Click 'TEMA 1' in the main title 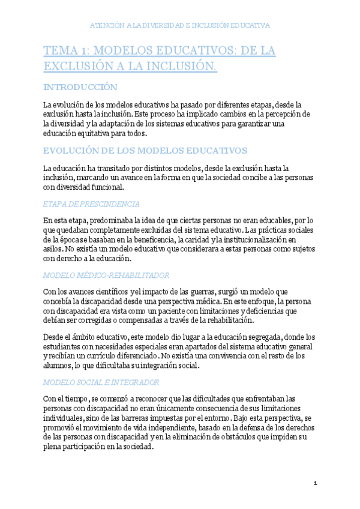pyautogui.click(x=66, y=51)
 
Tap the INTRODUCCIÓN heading pyautogui.click(x=80, y=87)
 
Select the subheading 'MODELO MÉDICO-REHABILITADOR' pyautogui.click(x=106, y=275)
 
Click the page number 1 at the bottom pyautogui.click(x=315, y=483)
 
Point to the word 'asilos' pyautogui.click(x=53, y=249)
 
